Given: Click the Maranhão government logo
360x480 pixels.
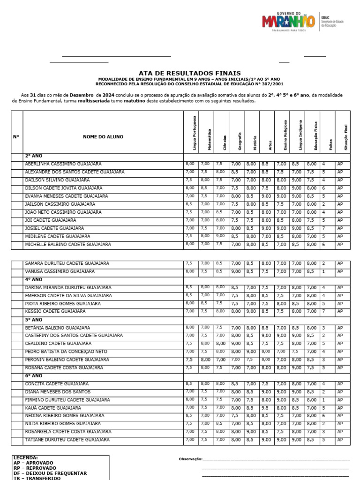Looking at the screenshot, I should click(x=288, y=22).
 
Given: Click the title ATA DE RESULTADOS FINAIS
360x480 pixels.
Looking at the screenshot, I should click(x=190, y=73).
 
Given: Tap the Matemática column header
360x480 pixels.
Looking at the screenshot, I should click(x=206, y=139).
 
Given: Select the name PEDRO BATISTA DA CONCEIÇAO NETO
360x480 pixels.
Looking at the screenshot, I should click(x=66, y=352).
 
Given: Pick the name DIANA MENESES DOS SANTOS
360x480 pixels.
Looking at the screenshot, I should click(x=57, y=392).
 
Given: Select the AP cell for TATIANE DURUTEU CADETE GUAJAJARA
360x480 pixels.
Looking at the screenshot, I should click(x=340, y=440).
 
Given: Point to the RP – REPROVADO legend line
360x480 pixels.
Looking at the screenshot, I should click(x=33, y=468).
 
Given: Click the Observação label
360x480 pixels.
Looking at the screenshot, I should click(x=190, y=459).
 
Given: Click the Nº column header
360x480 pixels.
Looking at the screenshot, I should click(x=16, y=137).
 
